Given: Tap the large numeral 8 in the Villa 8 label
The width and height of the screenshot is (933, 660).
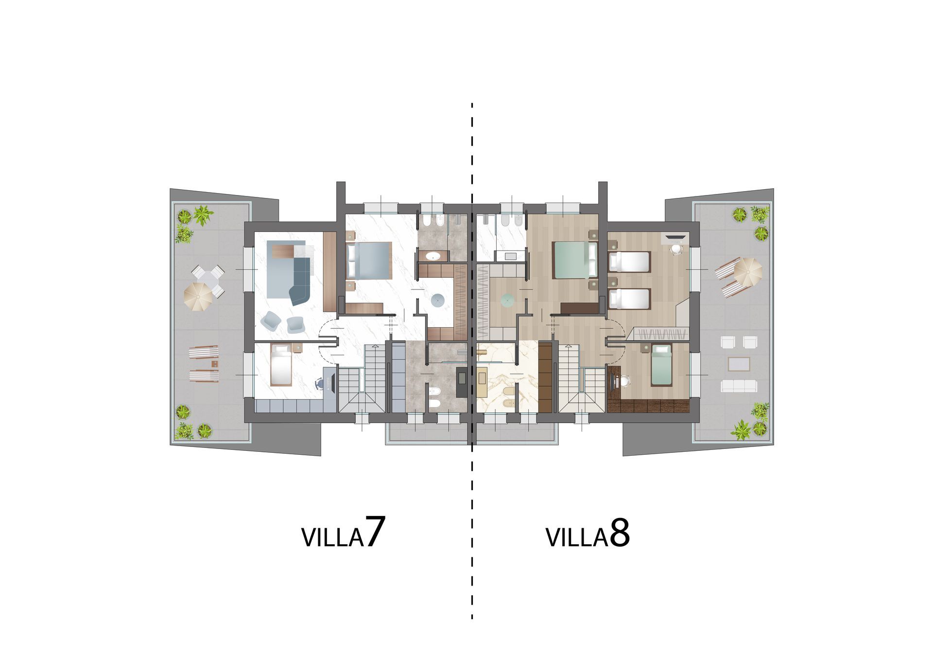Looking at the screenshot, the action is (x=620, y=534).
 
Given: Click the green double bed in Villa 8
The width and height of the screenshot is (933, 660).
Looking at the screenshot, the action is (x=576, y=260).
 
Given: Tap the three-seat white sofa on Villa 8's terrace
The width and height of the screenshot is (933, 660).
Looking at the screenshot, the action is (x=739, y=386).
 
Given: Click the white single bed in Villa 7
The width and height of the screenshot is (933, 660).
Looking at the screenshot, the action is (x=281, y=365).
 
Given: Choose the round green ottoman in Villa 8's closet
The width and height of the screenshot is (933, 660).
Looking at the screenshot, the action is (x=507, y=301).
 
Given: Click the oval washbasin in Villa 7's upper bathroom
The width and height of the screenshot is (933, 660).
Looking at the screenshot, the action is (x=432, y=255).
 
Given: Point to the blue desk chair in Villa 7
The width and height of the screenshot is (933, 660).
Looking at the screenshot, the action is (x=320, y=384).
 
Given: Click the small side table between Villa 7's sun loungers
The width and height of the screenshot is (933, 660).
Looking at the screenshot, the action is (x=214, y=363).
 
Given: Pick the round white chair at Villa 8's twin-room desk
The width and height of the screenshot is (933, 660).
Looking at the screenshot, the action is (x=676, y=249).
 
